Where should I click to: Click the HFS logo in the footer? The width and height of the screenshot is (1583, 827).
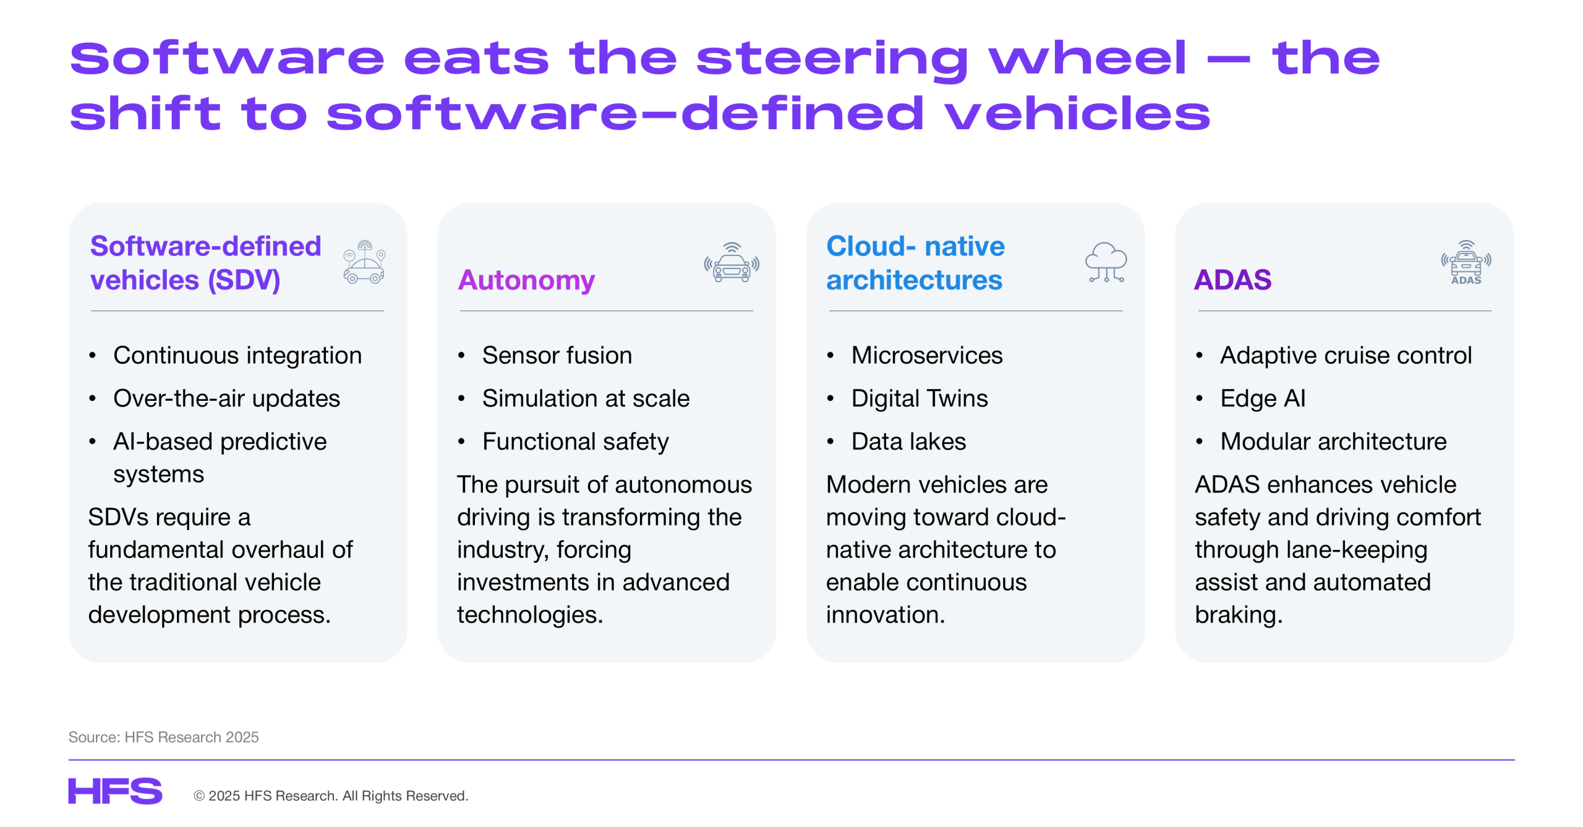click(115, 791)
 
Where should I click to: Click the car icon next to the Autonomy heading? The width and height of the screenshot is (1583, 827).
click(732, 262)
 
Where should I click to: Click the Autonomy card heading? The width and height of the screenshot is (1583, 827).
click(526, 280)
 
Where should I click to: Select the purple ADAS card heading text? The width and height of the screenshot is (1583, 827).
click(1232, 280)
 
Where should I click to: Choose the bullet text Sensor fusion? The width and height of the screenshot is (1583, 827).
click(557, 355)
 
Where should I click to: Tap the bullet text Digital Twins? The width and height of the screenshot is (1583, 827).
click(920, 398)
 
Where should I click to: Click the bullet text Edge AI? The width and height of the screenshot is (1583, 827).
click(1263, 398)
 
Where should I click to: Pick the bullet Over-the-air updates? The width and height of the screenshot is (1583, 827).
click(226, 398)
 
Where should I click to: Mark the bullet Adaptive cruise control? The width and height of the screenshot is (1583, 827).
click(1346, 355)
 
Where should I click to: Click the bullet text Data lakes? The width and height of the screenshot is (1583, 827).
click(908, 441)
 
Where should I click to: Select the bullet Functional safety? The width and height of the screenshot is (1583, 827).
click(575, 441)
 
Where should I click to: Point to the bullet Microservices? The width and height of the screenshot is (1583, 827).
click(927, 355)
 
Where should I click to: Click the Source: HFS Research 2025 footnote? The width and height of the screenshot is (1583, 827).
click(163, 737)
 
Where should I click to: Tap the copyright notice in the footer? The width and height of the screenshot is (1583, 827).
click(331, 795)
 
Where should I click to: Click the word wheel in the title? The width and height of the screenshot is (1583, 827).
click(1087, 58)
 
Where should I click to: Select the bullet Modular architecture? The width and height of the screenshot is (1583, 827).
click(1333, 441)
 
